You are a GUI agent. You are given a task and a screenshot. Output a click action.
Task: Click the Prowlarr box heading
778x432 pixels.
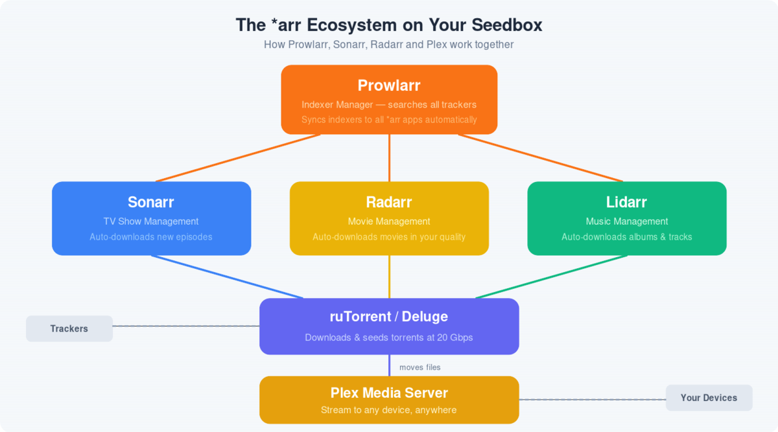[x=389, y=85]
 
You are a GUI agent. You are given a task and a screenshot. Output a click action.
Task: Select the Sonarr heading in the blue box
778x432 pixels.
[x=151, y=202]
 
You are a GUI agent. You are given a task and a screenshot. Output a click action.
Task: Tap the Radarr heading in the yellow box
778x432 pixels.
[x=389, y=202]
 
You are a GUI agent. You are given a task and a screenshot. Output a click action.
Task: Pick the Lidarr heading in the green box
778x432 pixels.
[x=626, y=202]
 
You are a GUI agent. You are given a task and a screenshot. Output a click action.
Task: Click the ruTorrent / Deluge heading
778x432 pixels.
[x=389, y=317]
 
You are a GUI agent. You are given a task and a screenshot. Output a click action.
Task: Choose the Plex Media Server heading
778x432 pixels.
[x=389, y=392]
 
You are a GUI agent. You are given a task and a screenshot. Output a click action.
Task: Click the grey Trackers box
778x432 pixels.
[x=69, y=328]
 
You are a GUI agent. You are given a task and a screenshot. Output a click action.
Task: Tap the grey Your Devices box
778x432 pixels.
[x=709, y=398]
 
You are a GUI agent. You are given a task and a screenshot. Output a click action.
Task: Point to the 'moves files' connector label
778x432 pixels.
[x=419, y=367]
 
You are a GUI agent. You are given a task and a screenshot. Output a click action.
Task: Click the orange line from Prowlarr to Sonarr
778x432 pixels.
[x=238, y=158]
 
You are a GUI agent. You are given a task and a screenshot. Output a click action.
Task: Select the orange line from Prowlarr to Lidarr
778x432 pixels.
[x=540, y=158]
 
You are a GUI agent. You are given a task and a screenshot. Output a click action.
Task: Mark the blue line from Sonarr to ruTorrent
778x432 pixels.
[x=227, y=277]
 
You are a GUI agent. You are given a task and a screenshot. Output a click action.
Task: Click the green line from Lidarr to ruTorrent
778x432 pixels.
[x=551, y=277]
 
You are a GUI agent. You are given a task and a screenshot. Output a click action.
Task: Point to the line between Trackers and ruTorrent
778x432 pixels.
[x=186, y=326]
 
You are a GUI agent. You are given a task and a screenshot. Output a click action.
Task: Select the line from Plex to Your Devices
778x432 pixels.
[x=593, y=400]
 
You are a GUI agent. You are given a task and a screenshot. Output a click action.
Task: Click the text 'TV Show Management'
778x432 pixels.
[x=151, y=222]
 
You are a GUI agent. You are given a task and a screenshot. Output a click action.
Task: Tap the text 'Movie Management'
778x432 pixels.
[x=389, y=222]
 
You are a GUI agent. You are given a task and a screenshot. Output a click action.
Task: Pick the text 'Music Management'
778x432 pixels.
[x=626, y=222]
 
